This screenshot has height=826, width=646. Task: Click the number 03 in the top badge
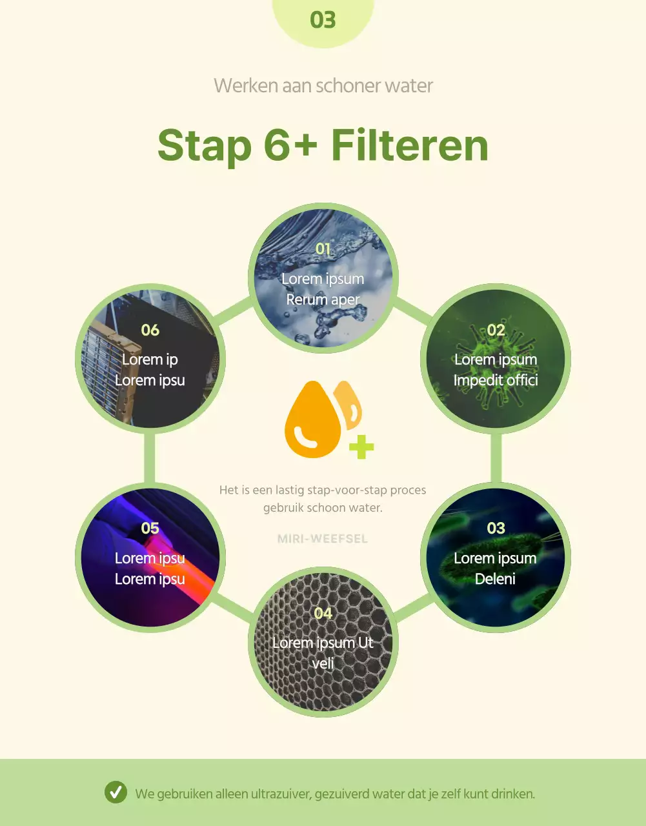(x=323, y=20)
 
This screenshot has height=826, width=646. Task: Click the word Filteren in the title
(x=410, y=146)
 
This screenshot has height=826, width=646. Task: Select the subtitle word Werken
(x=246, y=86)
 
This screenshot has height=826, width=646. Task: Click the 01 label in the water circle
(x=323, y=249)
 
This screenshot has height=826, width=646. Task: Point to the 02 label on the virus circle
(x=496, y=330)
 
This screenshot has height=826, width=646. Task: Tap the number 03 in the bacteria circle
(x=496, y=528)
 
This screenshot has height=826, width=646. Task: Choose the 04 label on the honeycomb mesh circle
(x=323, y=613)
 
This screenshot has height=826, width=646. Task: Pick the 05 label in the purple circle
(x=150, y=528)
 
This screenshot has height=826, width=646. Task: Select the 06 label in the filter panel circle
(x=150, y=330)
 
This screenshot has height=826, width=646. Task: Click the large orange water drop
(x=312, y=419)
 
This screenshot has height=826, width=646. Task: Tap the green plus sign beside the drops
(x=361, y=447)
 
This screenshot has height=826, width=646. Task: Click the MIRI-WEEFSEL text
(x=323, y=539)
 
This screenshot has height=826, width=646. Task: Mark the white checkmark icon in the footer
(x=116, y=792)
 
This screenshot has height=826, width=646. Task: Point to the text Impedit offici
(x=496, y=380)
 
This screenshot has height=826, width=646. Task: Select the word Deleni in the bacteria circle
(x=495, y=579)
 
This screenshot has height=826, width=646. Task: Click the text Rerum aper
(x=323, y=299)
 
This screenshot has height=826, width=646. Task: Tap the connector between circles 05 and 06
(x=150, y=458)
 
